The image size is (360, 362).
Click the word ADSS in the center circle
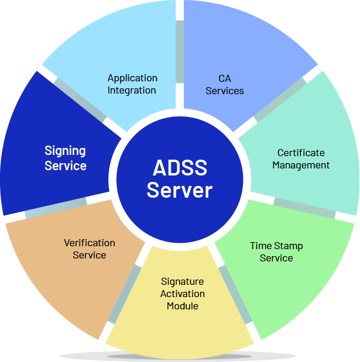point(180,168)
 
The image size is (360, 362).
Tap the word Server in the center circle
point(180,190)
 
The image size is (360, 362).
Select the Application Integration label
point(132,84)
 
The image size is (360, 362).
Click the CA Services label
point(225,84)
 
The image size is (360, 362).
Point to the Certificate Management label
point(301,159)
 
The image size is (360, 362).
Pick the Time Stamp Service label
point(276,252)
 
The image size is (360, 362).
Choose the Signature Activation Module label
point(183,294)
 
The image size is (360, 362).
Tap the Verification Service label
point(90,249)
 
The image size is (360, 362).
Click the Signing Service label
point(66,158)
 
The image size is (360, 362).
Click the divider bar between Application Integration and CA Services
point(180,53)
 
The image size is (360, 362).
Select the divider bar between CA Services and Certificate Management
point(280,99)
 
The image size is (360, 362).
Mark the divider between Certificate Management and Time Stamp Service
point(304,208)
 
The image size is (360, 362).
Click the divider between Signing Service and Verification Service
point(56,208)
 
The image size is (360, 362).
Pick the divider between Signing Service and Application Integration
point(80,99)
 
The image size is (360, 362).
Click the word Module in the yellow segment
point(183,306)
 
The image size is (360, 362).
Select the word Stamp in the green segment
point(289,246)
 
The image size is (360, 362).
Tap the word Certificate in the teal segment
point(301,153)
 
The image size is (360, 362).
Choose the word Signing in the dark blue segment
point(66,151)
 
